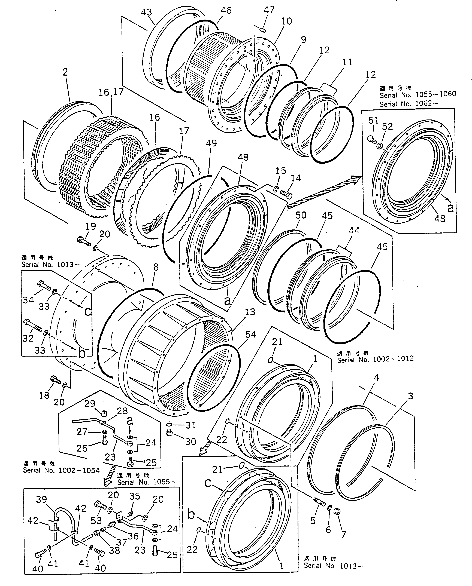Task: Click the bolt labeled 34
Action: tap(44, 285)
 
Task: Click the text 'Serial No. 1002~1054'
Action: tap(61, 471)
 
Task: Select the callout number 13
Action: tap(250, 312)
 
